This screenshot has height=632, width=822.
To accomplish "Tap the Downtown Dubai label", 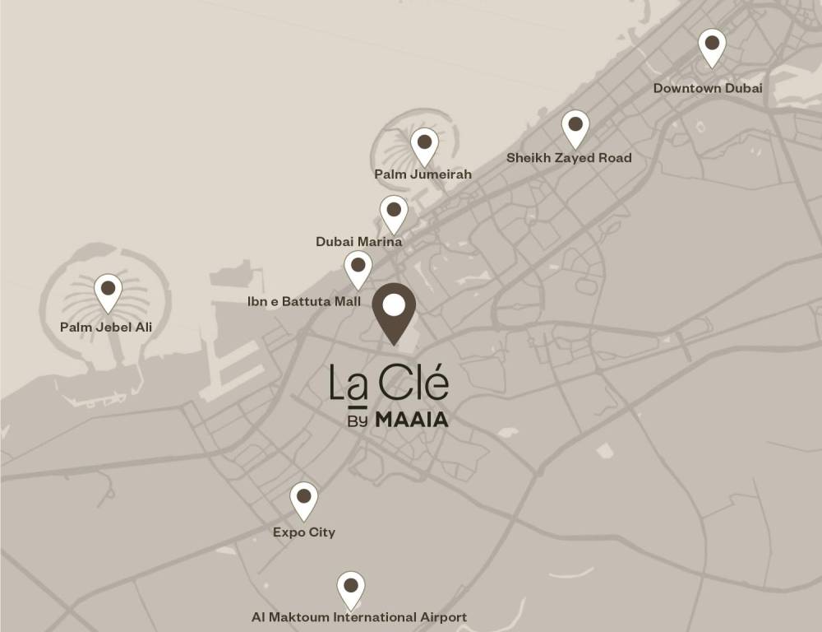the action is coord(708,88).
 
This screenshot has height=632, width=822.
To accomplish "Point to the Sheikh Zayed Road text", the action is coord(569,157).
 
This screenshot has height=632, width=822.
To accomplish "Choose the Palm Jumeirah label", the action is coord(423,174).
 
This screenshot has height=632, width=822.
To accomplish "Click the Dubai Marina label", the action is coord(358,242).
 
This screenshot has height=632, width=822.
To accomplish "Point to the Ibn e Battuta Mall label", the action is coord(304,302).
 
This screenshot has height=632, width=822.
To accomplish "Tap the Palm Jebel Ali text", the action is coord(106,328).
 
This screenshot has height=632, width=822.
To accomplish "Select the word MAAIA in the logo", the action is coord(412,420).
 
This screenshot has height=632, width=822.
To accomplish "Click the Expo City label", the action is coord(304,532).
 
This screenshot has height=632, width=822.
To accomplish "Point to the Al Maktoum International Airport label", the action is coord(359,617).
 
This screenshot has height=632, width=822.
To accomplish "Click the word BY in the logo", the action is coord(357,420).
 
